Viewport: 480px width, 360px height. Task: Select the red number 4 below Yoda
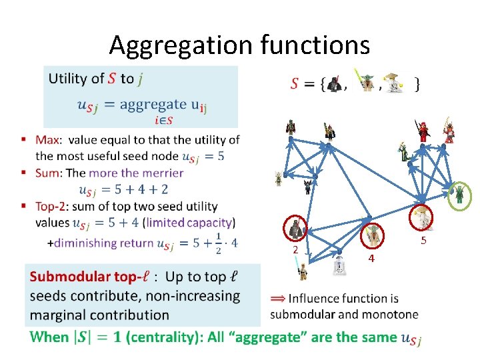[x=372, y=257]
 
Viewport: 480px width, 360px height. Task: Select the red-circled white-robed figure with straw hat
[x=422, y=217]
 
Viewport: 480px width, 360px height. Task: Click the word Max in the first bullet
[x=47, y=140]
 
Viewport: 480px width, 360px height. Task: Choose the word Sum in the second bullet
[x=48, y=173]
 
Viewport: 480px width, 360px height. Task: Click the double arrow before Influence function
[x=277, y=299]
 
